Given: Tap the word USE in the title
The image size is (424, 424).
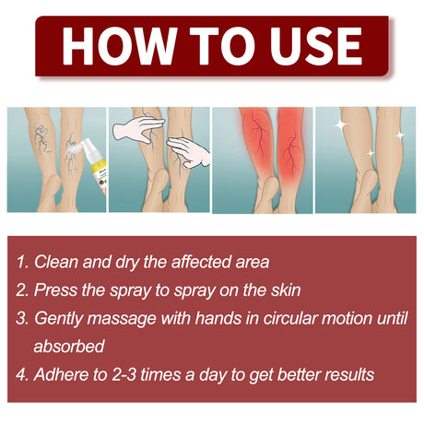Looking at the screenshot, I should pos(305,46).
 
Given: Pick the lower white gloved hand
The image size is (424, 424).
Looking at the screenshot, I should pos(189,151).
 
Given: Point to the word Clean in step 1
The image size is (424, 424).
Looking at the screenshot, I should pos(56,261).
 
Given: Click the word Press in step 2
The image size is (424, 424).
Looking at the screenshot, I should pos(55,289).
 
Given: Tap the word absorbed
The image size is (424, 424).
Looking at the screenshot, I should pos(69,347).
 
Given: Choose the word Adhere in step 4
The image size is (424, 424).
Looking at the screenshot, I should pos(62,375).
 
